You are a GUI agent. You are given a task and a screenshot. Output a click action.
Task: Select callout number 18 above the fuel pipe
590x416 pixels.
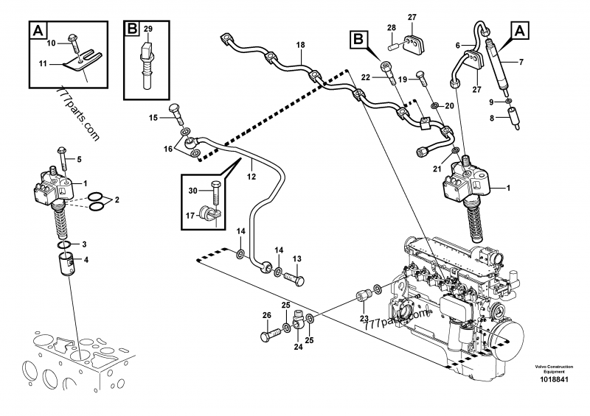point(300,46)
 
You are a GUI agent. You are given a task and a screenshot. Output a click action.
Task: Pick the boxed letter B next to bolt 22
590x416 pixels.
point(358,38)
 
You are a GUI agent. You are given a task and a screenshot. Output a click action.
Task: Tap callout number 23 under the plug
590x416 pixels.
point(363,319)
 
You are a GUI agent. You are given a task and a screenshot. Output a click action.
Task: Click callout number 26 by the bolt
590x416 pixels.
point(266,317)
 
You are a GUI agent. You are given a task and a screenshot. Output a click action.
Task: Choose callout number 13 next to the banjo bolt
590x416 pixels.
point(298,258)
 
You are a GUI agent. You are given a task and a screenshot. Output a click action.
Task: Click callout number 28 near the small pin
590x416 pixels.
point(392,27)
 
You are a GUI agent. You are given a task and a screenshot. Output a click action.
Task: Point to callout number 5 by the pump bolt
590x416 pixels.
point(80,159)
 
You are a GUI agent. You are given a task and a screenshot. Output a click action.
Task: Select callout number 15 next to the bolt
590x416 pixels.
point(153,118)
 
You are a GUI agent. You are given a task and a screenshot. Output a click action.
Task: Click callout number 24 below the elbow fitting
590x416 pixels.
point(297,347)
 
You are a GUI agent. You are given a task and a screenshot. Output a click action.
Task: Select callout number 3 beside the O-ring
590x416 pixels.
point(83,244)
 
